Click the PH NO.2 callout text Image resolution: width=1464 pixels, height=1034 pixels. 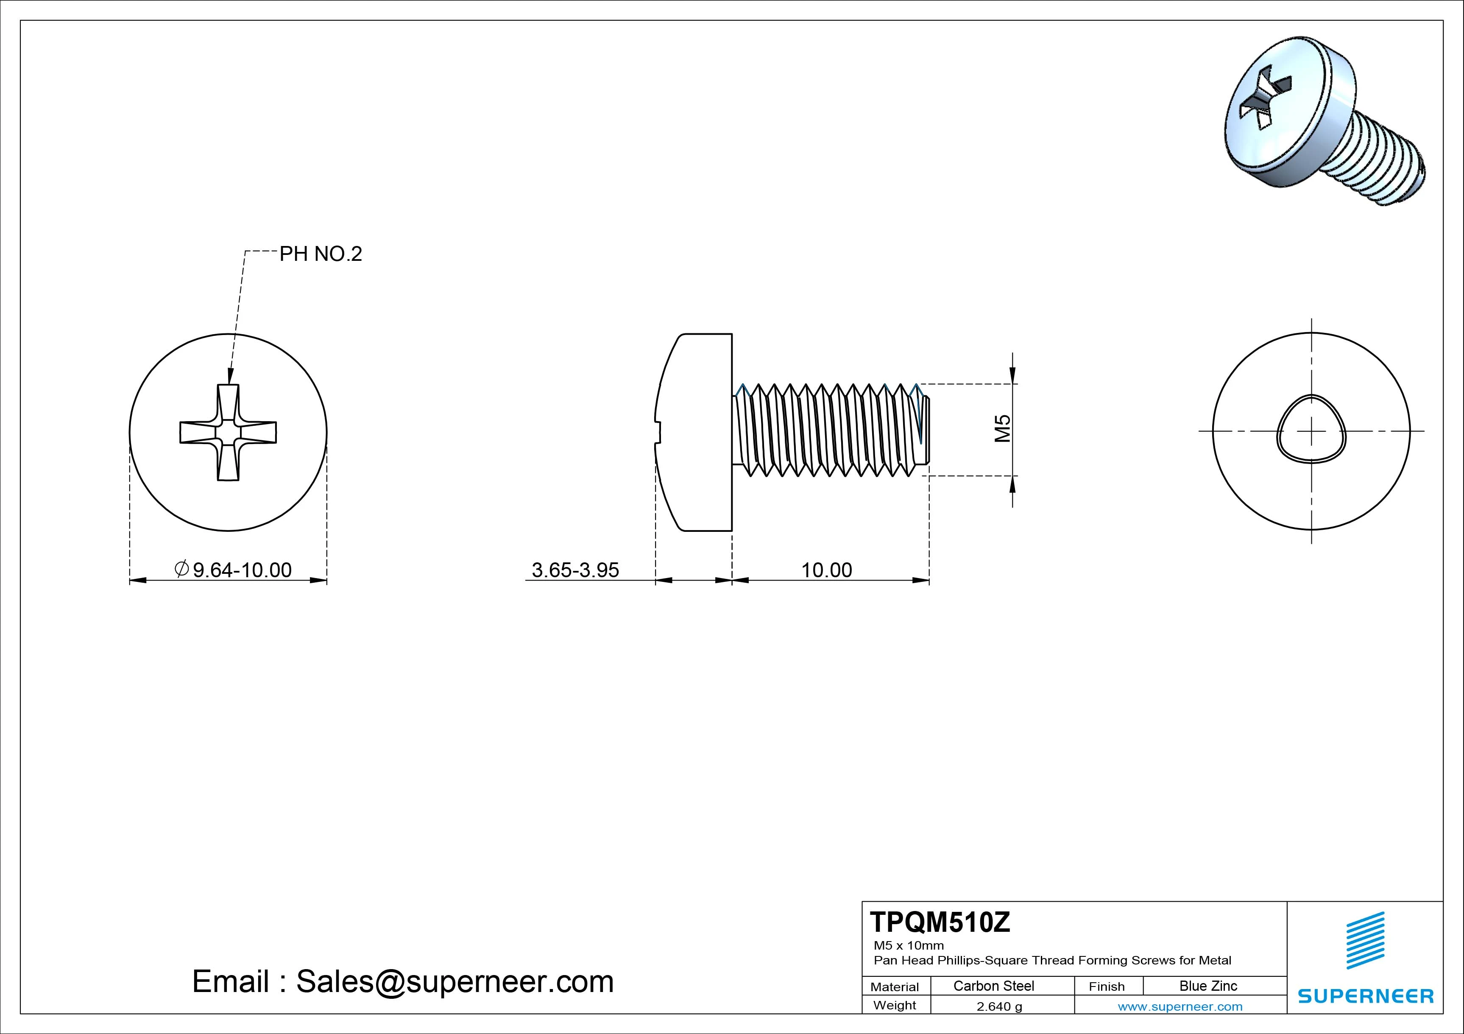pos(321,254)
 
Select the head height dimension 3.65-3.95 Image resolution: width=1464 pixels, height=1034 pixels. pos(575,570)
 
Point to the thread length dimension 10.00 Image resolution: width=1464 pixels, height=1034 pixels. pos(826,570)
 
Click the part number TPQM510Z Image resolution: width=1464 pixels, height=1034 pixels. pos(940,922)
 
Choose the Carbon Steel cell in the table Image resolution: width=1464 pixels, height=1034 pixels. pos(993,986)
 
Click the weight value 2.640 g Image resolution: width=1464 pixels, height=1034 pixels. pos(999,1006)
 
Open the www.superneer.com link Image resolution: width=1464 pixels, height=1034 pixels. pos(1180,1006)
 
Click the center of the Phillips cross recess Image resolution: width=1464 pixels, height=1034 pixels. pos(228,433)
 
